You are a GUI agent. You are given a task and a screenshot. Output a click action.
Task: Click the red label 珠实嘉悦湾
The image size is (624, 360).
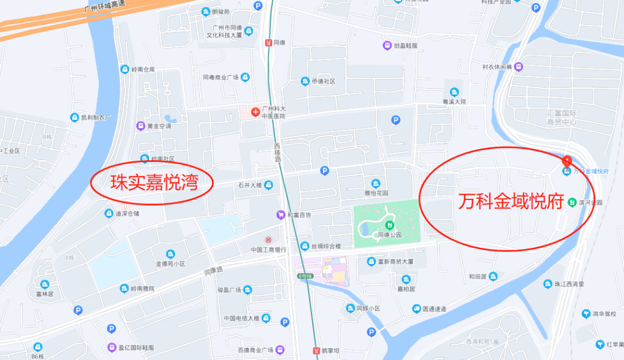click(154, 183)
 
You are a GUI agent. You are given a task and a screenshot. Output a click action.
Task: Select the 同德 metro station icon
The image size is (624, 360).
click(268, 42)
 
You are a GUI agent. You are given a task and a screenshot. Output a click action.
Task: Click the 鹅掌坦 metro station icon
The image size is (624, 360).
click(316, 350)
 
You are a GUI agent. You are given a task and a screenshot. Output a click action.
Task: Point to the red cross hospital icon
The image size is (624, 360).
click(255, 110)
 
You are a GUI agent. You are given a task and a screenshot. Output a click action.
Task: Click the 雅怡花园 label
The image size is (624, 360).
click(377, 194)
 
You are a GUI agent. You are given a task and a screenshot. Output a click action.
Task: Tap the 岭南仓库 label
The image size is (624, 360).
click(143, 69)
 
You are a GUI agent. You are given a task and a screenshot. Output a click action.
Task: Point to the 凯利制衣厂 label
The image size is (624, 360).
click(95, 117)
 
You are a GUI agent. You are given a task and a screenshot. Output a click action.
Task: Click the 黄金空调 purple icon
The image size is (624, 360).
click(140, 125)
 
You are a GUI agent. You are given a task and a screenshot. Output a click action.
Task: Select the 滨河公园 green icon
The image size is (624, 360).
click(571, 202)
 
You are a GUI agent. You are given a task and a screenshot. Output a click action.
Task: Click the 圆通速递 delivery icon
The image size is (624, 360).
click(417, 309)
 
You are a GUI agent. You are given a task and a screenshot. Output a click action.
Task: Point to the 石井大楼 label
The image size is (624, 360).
click(250, 185)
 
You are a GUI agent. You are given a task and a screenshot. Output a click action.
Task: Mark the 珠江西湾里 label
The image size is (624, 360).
click(569, 284)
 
